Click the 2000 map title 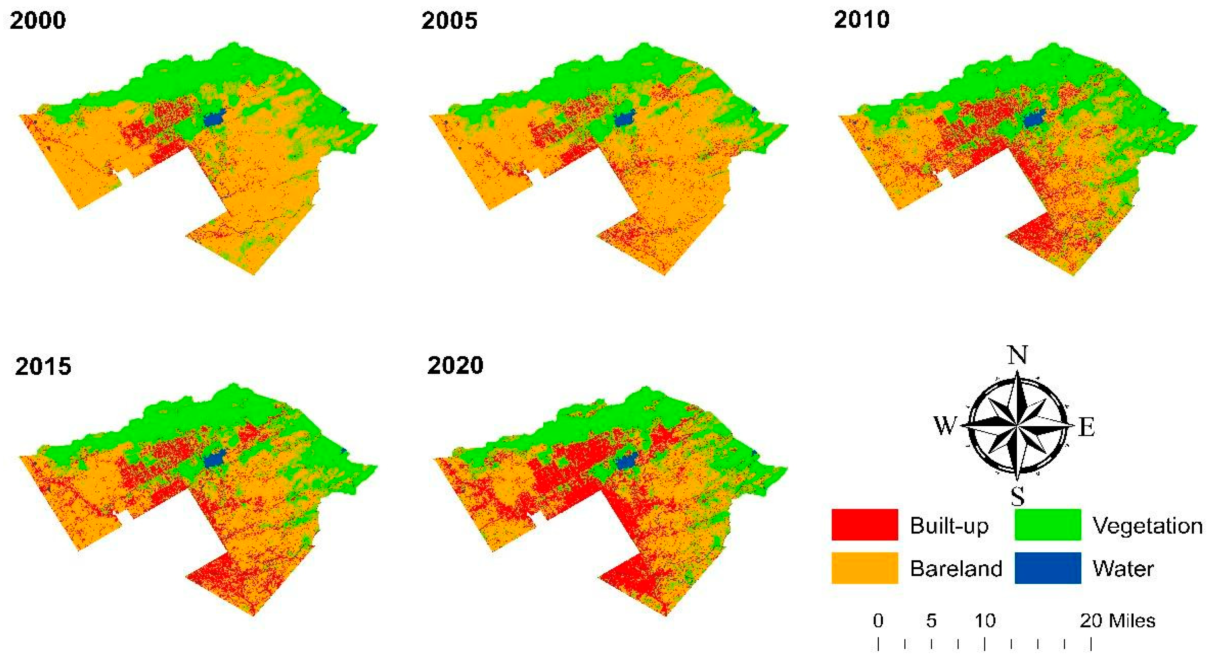pos(37,21)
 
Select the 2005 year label pos(449,21)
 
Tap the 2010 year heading pos(862,20)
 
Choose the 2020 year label pos(455,365)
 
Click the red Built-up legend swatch pos(864,525)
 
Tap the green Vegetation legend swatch pos(1047,525)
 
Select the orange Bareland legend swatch pos(864,568)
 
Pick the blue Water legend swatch pos(1047,568)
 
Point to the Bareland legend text pos(956,569)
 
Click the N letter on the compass pos(1017,355)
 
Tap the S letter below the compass pos(1017,495)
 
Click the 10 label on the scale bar pos(984,621)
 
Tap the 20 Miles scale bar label pos(1117,621)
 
